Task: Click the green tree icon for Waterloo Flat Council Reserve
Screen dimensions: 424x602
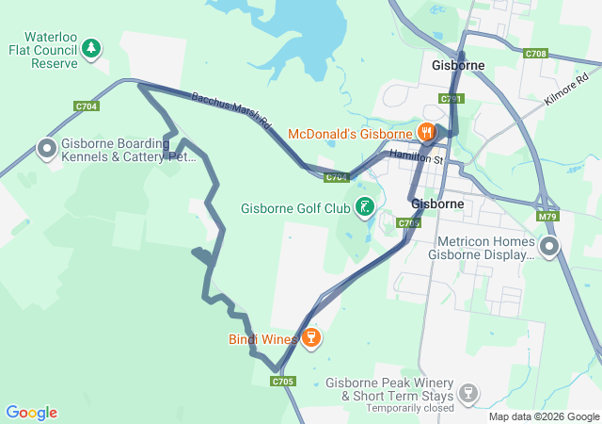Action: coord(91,47)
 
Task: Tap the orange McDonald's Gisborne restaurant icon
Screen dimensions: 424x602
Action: coord(427,133)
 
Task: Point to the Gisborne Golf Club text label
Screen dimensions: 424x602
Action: coord(295,208)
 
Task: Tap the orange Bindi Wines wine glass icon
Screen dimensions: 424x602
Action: coord(310,337)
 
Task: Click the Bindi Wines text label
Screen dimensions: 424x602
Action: coord(262,338)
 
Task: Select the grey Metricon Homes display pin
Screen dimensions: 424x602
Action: coord(549,247)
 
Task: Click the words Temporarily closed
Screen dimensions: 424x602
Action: coord(408,408)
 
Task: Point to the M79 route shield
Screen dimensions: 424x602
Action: coord(549,216)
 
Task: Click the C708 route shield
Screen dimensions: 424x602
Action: coord(536,54)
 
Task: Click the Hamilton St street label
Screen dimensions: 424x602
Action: coord(415,156)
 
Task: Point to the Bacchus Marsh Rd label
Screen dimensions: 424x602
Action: coord(231,111)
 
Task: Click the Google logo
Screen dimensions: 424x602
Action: coord(31,413)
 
